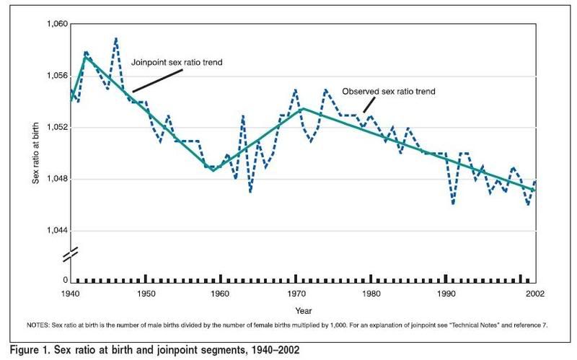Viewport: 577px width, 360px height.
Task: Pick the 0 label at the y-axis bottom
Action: coord(64,280)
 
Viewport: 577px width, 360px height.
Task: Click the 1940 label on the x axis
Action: coord(70,294)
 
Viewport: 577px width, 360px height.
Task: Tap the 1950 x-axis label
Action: coord(145,294)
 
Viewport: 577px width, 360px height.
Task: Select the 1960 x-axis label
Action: coord(220,294)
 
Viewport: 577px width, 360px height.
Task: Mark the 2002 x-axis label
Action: coord(534,294)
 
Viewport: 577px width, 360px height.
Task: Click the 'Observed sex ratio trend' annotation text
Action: coord(389,92)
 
